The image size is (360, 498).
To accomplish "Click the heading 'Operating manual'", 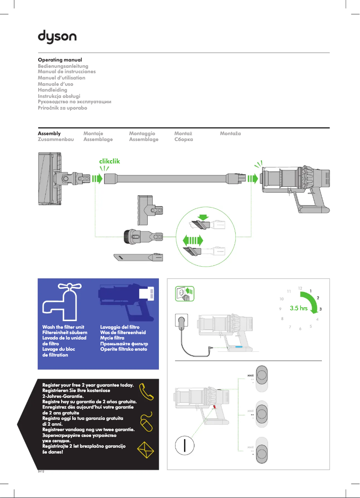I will [x=60, y=60].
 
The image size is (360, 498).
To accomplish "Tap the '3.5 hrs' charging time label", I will [x=301, y=308].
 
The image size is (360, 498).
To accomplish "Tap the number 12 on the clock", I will [x=300, y=287].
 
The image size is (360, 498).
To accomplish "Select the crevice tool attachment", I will [x=138, y=258].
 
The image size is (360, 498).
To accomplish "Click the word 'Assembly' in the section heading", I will [x=49, y=133].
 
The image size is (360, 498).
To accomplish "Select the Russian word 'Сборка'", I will [x=183, y=140].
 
